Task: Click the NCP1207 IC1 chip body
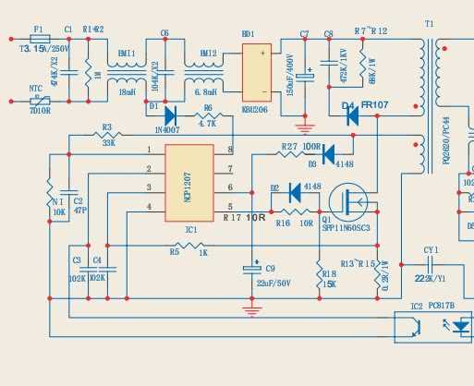(x=189, y=182)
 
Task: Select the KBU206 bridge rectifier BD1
(x=256, y=72)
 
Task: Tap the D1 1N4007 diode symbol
(x=169, y=116)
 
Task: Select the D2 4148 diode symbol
(x=296, y=193)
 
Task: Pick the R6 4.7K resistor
(x=207, y=116)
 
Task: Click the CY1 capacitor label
(x=431, y=249)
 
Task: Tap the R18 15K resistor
(x=320, y=273)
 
